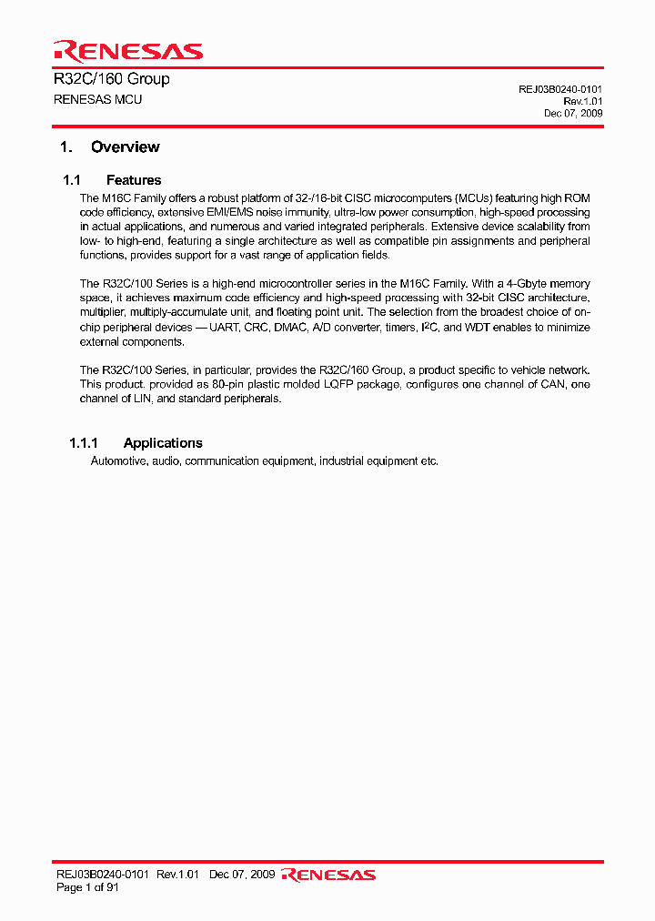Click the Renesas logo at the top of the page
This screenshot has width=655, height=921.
pyautogui.click(x=128, y=50)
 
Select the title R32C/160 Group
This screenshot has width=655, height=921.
pyautogui.click(x=112, y=79)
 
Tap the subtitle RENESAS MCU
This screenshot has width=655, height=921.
pyautogui.click(x=98, y=99)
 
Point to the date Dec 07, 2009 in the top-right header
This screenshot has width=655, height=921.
pyautogui.click(x=573, y=114)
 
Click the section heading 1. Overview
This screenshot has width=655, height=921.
pyautogui.click(x=109, y=147)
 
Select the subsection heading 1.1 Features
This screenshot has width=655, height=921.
pyautogui.click(x=112, y=180)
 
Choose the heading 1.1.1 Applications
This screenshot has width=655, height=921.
pyautogui.click(x=136, y=443)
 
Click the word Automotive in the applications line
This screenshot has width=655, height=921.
pyautogui.click(x=118, y=461)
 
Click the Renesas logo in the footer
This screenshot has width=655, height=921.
pyautogui.click(x=328, y=875)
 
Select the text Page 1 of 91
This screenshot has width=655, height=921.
pyautogui.click(x=87, y=887)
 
